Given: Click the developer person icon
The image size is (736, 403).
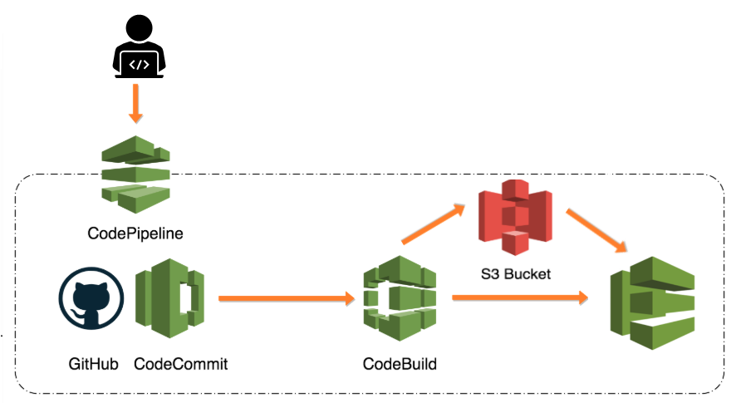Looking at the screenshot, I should point(139,48).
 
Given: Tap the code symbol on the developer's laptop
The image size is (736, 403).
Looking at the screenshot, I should point(139,63).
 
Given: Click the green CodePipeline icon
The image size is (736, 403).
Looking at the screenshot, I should point(135,170).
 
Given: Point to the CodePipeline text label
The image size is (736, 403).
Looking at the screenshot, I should point(135,233).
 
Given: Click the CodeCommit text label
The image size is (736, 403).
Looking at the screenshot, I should point(180,364).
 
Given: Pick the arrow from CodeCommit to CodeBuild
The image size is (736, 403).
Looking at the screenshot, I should point(282,297).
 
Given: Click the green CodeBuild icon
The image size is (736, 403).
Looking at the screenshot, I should point(400,298).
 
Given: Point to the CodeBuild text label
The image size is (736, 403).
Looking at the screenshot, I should point(400,364).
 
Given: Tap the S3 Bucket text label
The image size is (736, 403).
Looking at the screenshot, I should point(515,273).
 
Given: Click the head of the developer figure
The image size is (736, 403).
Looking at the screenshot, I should point(139,29).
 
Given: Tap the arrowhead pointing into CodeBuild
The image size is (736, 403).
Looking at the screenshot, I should point(349,297).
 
